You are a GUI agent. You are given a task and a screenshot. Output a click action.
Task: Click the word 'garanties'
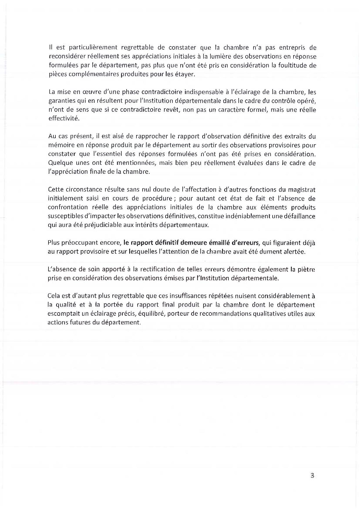[59, 101]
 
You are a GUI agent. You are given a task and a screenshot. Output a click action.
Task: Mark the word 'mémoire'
[59, 145]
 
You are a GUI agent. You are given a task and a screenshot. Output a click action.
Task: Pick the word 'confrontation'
[68, 207]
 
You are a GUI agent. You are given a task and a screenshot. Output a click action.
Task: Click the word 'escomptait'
[63, 314]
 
